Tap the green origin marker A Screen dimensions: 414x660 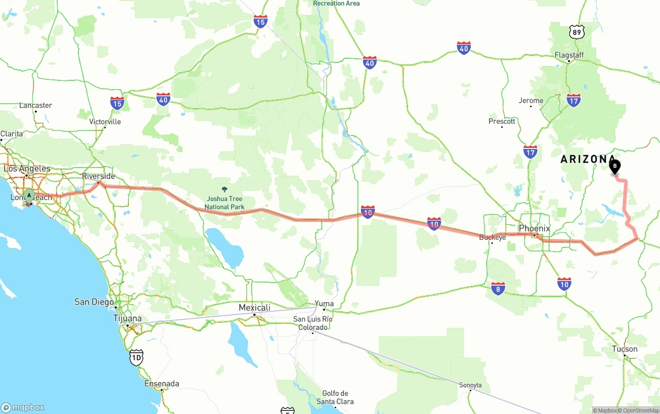[x=29, y=195]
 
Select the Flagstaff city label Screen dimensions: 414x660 [x=569, y=55]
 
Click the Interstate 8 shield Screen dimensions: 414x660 [x=498, y=288]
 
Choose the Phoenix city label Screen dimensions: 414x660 [x=534, y=228]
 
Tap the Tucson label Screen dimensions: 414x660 [x=624, y=349]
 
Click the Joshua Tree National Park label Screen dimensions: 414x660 [x=225, y=203]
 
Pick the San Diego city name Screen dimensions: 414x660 [x=94, y=302]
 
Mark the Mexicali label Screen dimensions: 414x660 [x=254, y=308]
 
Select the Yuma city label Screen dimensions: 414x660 [x=324, y=304]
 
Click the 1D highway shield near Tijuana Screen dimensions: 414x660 [x=136, y=357]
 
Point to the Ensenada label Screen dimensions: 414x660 [x=162, y=384]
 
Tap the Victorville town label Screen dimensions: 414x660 [x=105, y=122]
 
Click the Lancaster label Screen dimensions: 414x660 [x=36, y=105]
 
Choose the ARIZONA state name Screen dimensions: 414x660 [x=588, y=159]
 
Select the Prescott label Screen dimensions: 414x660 [x=502, y=121]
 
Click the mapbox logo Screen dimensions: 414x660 [x=23, y=407]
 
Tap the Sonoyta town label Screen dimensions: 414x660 [x=470, y=385]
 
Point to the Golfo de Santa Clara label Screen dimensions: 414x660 [x=335, y=398]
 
